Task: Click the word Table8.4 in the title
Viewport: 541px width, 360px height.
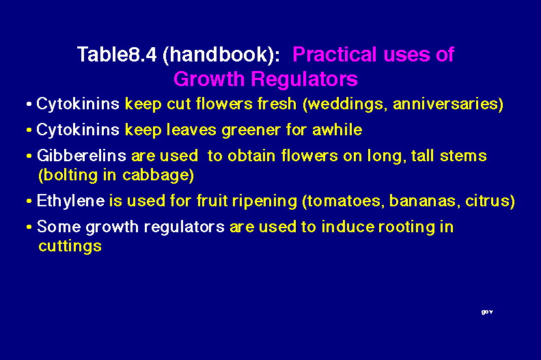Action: click(x=117, y=55)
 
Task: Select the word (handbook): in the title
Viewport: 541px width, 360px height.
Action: click(x=221, y=55)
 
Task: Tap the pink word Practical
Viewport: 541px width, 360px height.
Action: click(x=334, y=55)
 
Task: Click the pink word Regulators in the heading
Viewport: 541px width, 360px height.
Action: click(x=305, y=79)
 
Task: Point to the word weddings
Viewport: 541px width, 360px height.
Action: click(x=345, y=105)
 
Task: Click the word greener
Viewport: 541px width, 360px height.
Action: click(x=251, y=130)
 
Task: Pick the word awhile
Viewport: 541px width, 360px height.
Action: click(x=337, y=130)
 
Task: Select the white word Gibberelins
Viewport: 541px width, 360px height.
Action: click(x=81, y=156)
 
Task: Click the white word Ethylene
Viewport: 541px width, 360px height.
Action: click(x=70, y=202)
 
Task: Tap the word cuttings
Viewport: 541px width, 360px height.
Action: click(x=70, y=247)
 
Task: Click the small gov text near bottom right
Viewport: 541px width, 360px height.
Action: click(x=487, y=312)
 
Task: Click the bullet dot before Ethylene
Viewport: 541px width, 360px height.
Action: click(x=29, y=201)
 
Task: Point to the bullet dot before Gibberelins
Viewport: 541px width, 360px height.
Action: click(x=29, y=156)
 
